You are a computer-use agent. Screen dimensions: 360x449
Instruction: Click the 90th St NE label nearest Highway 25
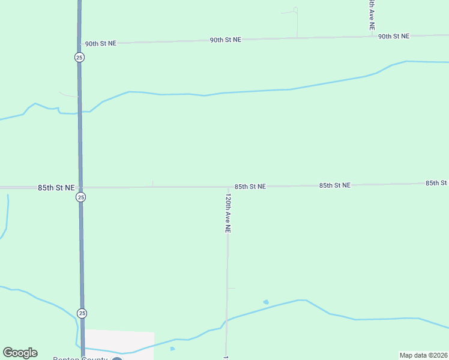(x=100, y=44)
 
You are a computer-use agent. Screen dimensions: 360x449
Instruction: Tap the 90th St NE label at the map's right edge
(x=393, y=36)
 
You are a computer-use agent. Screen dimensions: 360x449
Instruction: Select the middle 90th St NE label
(x=225, y=40)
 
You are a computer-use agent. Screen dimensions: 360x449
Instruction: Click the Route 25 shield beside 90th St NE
(x=80, y=57)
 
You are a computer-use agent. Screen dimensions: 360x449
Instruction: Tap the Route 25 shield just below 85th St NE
(x=81, y=197)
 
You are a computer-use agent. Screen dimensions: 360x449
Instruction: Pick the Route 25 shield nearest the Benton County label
(x=82, y=313)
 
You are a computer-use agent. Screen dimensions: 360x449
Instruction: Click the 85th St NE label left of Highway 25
(x=56, y=187)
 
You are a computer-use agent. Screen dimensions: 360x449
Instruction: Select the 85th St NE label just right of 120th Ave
(x=250, y=187)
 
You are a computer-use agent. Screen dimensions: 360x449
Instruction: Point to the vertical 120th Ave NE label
(x=228, y=212)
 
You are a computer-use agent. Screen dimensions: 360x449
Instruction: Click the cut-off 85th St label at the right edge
(x=436, y=182)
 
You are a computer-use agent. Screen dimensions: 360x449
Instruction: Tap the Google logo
(x=20, y=353)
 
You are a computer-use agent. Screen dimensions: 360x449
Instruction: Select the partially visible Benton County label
(x=80, y=358)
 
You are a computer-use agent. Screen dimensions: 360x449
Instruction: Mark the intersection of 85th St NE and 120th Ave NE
(x=228, y=187)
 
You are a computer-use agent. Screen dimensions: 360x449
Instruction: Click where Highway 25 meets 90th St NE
(x=80, y=43)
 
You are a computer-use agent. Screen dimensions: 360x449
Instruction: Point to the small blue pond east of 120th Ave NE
(x=266, y=302)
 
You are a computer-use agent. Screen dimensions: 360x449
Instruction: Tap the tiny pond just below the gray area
(x=172, y=349)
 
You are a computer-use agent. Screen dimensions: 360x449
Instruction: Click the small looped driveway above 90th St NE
(x=295, y=10)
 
